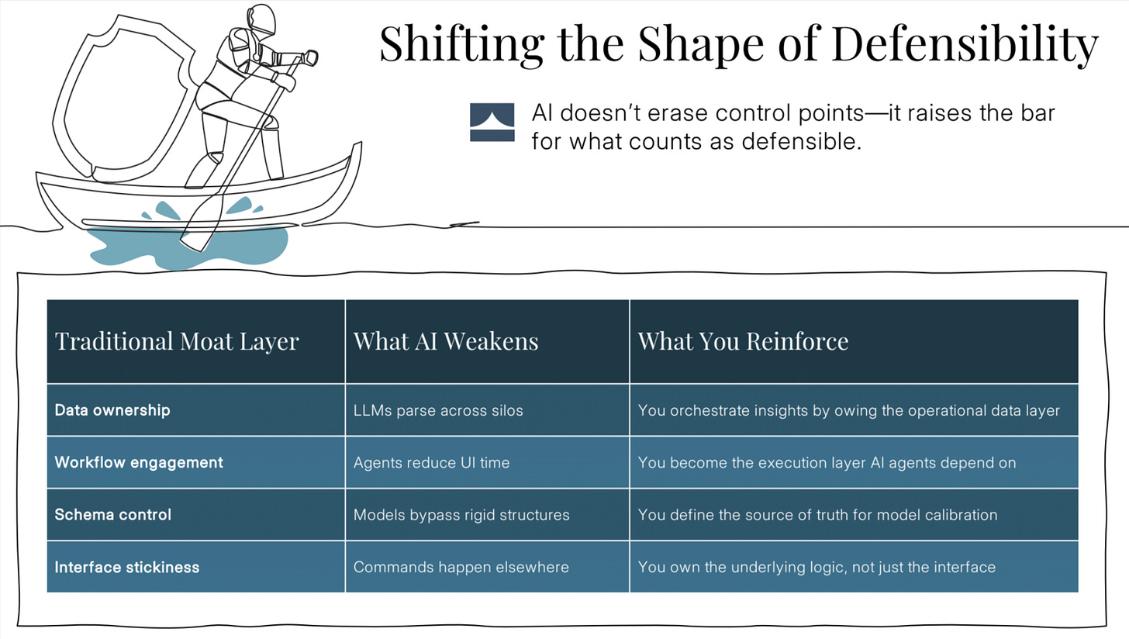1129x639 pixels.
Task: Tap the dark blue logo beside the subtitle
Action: pyautogui.click(x=492, y=123)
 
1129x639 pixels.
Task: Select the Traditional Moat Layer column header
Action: pyautogui.click(x=177, y=341)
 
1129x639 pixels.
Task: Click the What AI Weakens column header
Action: pyautogui.click(x=445, y=341)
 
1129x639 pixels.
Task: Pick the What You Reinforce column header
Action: pyautogui.click(x=742, y=341)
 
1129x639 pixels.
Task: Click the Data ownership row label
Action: pyautogui.click(x=112, y=410)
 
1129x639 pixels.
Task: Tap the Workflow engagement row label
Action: pyautogui.click(x=138, y=462)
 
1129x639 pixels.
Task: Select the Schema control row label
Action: pyautogui.click(x=112, y=515)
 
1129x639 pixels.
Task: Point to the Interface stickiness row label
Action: pyautogui.click(x=126, y=567)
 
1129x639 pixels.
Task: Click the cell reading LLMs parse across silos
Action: pyautogui.click(x=437, y=410)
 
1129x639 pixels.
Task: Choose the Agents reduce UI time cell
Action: pyautogui.click(x=431, y=463)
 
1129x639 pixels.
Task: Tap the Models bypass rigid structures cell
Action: pyautogui.click(x=461, y=515)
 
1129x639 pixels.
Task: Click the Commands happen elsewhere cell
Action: pyautogui.click(x=461, y=567)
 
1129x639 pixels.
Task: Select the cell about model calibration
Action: pyautogui.click(x=817, y=515)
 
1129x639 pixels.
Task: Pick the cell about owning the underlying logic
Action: pyautogui.click(x=816, y=567)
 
